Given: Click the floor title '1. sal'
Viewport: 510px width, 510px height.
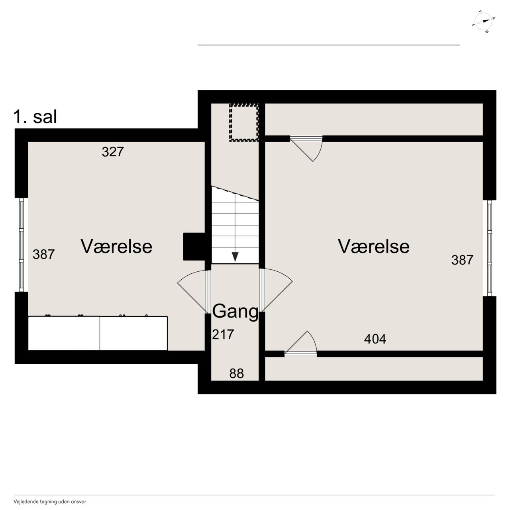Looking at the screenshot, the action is [x=35, y=117].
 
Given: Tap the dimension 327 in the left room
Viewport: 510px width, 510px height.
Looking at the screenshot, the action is [x=113, y=152].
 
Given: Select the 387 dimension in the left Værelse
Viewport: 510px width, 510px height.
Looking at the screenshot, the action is [x=44, y=254].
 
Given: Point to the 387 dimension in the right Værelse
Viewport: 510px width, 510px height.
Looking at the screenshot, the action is [x=462, y=260].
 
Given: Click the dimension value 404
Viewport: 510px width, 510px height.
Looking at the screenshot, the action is [x=375, y=339].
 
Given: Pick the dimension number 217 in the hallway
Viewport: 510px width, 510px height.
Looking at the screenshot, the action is [x=223, y=334].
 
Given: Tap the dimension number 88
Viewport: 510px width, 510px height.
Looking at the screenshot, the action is [x=237, y=373].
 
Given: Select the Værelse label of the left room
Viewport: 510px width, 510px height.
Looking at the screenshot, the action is [x=116, y=246].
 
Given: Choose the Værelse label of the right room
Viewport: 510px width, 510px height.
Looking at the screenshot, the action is [x=374, y=246].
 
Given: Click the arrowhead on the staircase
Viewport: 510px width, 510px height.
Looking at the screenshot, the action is [x=235, y=257].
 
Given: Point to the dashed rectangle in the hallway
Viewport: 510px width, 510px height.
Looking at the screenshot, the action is [x=244, y=123].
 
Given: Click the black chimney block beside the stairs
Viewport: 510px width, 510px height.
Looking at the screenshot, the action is [x=194, y=246].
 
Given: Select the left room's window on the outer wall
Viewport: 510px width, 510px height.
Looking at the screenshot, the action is [x=22, y=245].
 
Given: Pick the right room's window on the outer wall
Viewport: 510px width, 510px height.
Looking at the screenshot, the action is [x=489, y=248].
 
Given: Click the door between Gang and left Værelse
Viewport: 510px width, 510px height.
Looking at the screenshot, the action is [x=194, y=291].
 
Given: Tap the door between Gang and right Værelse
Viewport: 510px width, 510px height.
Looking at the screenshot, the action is [x=276, y=290].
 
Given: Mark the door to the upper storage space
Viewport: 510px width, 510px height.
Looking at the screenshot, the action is [x=306, y=149].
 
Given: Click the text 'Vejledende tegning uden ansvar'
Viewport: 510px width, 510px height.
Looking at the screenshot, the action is [x=50, y=502].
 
